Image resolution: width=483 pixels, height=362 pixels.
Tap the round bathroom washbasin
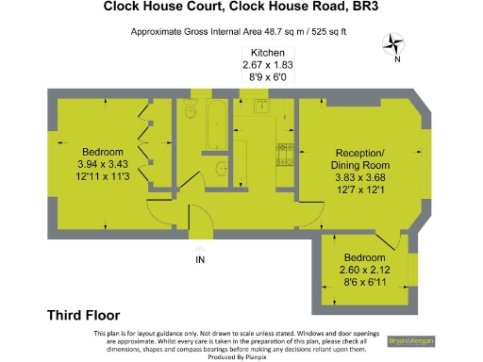click(219, 169)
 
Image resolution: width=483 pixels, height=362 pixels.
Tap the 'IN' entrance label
click(199, 259)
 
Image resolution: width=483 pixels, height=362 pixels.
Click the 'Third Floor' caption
click(83, 315)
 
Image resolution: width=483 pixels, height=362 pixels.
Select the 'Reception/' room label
click(360, 153)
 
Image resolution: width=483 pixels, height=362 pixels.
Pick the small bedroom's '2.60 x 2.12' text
click(363, 271)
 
